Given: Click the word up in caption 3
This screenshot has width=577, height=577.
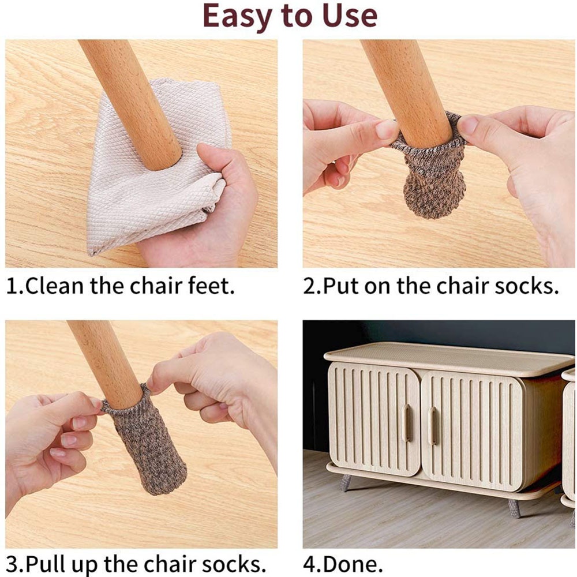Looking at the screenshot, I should tap(96, 563).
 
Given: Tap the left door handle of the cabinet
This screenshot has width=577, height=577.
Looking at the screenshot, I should tap(406, 424).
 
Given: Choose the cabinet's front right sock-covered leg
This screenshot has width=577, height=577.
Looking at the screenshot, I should tap(513, 508).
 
